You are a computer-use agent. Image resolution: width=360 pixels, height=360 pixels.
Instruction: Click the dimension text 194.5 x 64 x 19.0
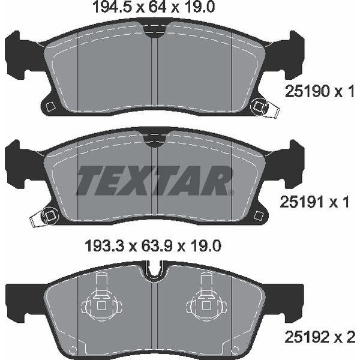pyautogui.click(x=153, y=7)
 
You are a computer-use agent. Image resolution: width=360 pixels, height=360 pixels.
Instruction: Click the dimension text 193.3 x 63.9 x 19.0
pyautogui.click(x=153, y=246)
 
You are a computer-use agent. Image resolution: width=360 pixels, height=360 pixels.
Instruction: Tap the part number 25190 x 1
pyautogui.click(x=320, y=91)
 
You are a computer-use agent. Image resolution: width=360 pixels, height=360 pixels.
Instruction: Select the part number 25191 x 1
pyautogui.click(x=314, y=202)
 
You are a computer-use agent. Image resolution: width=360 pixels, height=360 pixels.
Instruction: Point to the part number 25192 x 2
pyautogui.click(x=320, y=337)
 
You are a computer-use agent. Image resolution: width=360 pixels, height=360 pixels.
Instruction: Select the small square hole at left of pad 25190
pyautogui.click(x=50, y=106)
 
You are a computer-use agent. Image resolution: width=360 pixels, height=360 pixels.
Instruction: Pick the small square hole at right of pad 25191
pyautogui.click(x=259, y=215)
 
